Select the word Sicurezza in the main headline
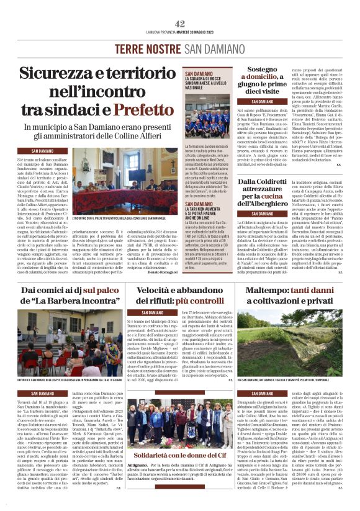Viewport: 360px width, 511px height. click(x=61, y=73)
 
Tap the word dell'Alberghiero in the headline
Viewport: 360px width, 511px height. click(x=266, y=203)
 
